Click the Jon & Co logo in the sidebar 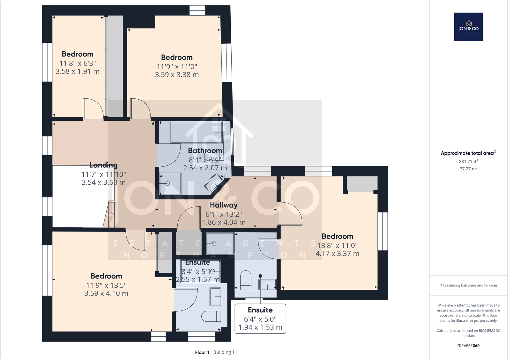[468, 27]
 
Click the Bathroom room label [205, 150]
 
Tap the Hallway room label [224, 205]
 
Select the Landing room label [104, 165]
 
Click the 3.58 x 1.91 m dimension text [78, 72]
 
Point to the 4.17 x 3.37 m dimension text [337, 254]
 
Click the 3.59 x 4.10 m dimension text [106, 293]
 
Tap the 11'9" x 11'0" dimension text [177, 66]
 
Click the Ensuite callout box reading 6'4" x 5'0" [260, 318]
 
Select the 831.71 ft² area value [468, 162]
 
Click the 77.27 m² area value [468, 169]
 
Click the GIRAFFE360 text [468, 346]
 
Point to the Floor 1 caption [202, 352]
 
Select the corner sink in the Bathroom [214, 183]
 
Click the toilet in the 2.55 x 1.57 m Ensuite [211, 316]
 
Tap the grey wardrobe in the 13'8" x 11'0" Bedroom [362, 184]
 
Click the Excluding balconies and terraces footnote [468, 285]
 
